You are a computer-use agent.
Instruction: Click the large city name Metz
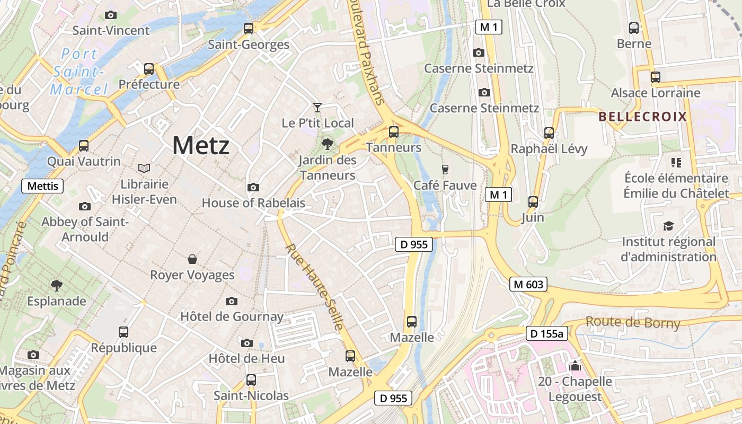tap(201, 145)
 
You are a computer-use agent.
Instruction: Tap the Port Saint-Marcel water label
tap(78, 72)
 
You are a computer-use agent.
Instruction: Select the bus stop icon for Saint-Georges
tap(249, 29)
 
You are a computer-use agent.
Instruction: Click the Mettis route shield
tap(42, 186)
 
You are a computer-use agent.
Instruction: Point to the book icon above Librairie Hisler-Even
tap(144, 168)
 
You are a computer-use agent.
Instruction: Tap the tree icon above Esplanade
tap(57, 286)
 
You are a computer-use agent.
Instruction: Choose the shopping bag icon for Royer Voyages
tap(192, 259)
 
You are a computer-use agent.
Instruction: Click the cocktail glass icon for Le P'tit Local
tap(317, 108)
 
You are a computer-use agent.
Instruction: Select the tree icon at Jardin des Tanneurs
tap(328, 143)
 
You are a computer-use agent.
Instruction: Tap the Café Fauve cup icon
tap(445, 169)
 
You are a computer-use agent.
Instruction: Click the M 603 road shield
tap(529, 285)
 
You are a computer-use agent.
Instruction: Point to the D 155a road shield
tap(547, 334)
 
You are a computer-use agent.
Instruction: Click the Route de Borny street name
tap(633, 322)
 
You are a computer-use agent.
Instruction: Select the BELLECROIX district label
tap(642, 117)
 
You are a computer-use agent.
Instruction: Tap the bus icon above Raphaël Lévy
tap(549, 132)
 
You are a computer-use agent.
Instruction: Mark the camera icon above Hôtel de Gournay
tap(232, 301)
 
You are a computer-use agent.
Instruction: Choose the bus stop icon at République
tap(123, 332)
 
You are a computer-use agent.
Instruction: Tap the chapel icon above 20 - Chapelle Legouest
tap(575, 365)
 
